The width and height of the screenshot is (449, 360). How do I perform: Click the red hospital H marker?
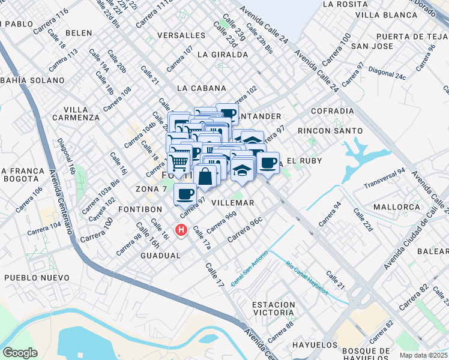pos(180,230)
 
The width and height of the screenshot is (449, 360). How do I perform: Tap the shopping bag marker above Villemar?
pos(205,176)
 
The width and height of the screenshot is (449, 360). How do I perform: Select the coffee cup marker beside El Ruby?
pos(268,163)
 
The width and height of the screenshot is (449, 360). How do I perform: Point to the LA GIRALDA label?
pos(222,55)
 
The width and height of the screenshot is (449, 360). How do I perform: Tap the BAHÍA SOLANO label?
pos(32,80)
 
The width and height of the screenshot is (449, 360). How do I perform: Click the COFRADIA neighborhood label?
pos(333,111)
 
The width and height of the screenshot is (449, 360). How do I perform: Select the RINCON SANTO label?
pos(330,130)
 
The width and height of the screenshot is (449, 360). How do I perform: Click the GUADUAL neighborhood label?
pos(160,256)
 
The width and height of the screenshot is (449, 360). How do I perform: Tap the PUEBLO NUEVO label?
pos(32,278)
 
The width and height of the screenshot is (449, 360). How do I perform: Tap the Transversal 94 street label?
pos(385,178)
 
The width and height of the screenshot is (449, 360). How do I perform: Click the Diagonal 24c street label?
pos(388,73)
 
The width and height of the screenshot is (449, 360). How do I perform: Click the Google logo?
pos(20,352)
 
